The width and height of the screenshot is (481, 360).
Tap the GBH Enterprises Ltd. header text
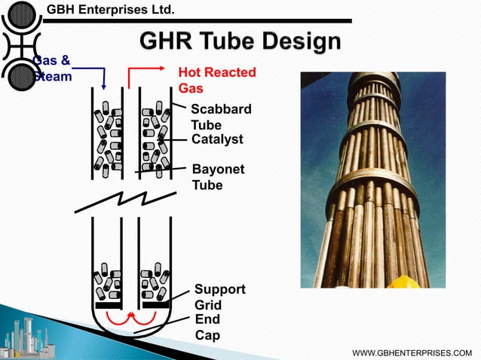[111, 10]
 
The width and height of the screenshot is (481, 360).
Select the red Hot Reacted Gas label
[216, 80]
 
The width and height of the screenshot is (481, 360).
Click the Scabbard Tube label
[221, 117]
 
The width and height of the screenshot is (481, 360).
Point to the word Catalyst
[219, 140]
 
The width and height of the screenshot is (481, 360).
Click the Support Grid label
[219, 297]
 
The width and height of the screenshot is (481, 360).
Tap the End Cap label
[207, 328]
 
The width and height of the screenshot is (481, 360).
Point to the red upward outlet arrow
[132, 75]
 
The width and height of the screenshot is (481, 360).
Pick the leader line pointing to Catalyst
[173, 141]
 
